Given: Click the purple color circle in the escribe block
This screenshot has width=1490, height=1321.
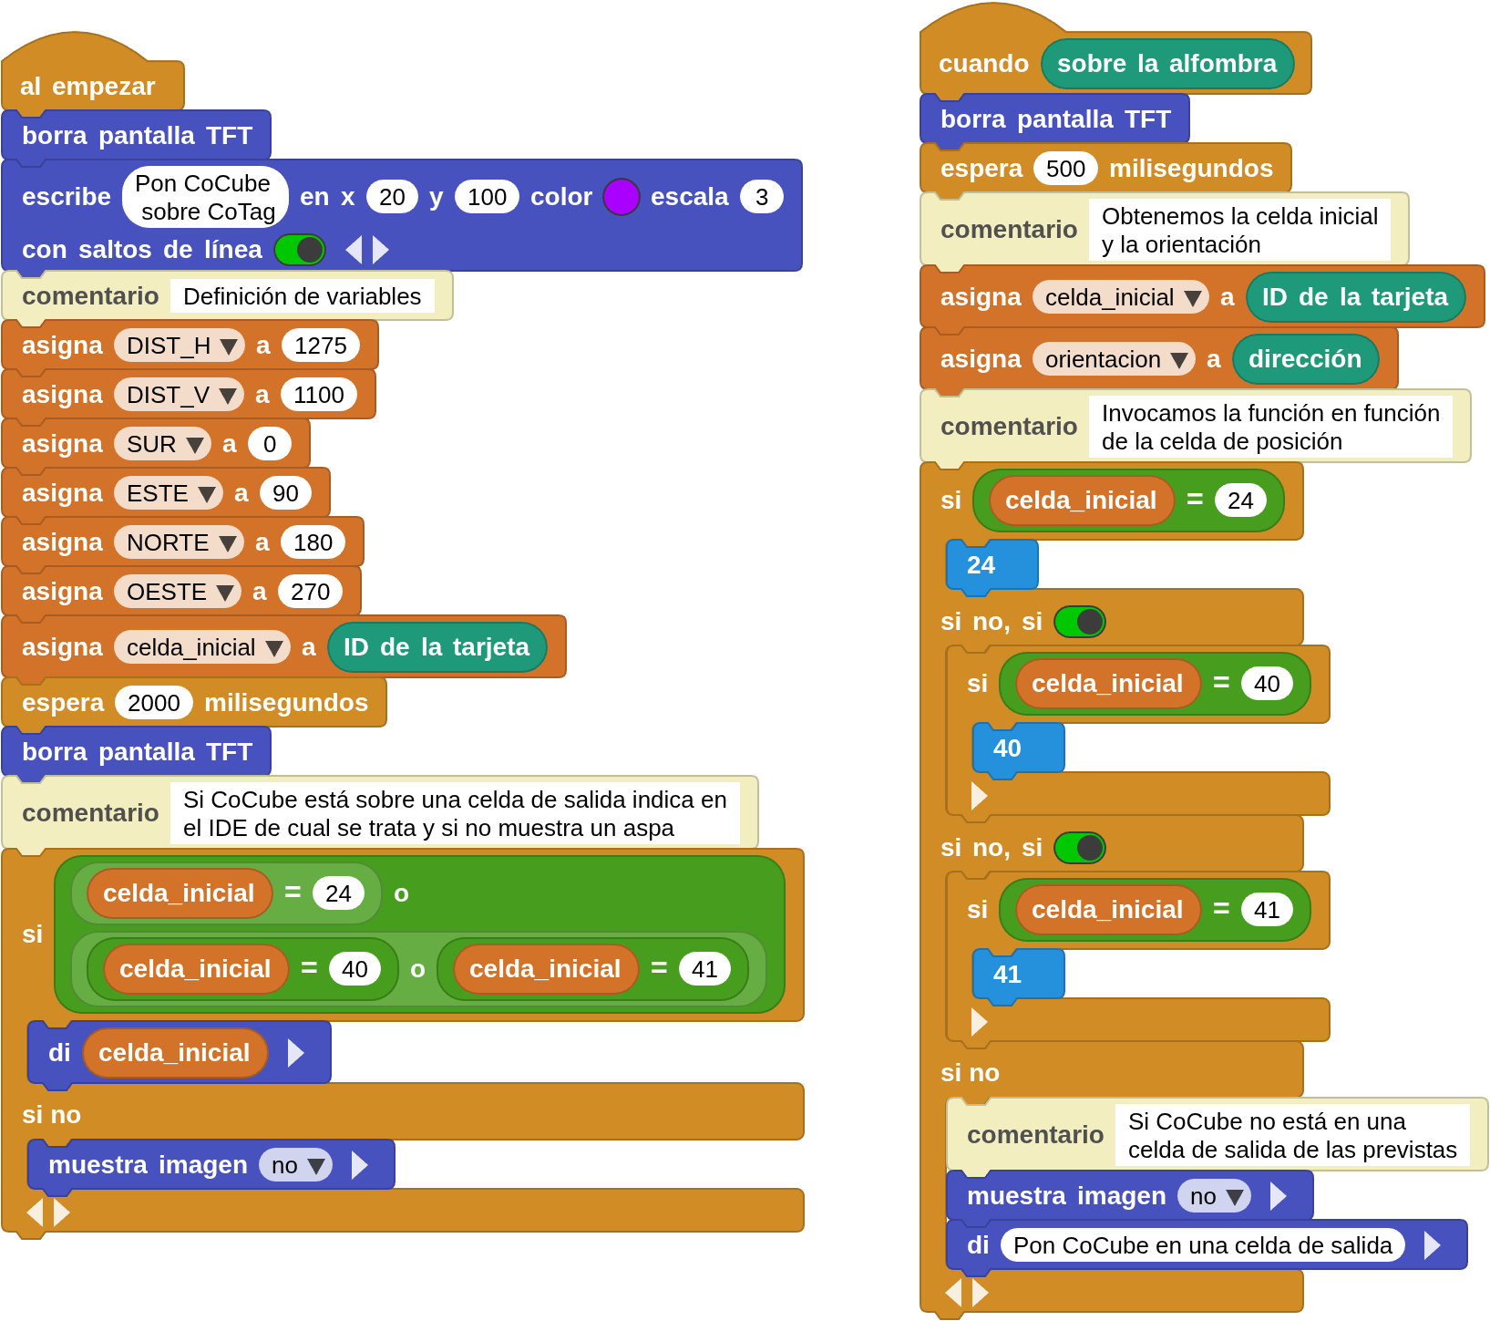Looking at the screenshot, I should [x=621, y=197].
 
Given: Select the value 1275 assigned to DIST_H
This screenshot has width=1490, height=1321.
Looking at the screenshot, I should [x=320, y=346].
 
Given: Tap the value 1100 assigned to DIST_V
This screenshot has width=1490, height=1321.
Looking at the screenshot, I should [x=318, y=395].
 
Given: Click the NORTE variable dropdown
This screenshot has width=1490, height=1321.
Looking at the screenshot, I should [x=179, y=542].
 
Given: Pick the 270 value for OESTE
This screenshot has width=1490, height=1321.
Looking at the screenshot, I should [x=310, y=592].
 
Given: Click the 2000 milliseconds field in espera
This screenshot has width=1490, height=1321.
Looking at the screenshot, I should [x=153, y=703].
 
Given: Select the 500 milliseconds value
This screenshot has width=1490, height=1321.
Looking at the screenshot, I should [x=1064, y=169].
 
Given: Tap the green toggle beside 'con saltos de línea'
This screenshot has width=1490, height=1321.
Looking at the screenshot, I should [x=300, y=250].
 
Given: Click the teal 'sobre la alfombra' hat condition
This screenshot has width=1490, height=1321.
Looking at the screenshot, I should [x=1166, y=64].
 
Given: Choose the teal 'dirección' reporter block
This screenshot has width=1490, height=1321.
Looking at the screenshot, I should [x=1304, y=359].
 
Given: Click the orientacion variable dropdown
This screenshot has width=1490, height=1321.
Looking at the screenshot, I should [x=1113, y=359].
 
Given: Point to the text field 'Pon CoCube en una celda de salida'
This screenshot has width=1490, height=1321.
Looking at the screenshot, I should [x=1202, y=1245].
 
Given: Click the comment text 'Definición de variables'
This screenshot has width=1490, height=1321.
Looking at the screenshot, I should [x=302, y=296].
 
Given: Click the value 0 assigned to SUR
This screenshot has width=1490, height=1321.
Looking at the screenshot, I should [x=269, y=444].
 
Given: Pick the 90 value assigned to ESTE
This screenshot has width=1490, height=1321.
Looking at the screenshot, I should [x=285, y=493].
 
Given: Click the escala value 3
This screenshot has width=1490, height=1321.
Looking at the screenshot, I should [x=761, y=197].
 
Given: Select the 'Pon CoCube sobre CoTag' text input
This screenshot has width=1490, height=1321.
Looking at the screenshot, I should [x=205, y=197].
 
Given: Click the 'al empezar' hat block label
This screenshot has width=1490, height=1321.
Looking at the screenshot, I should [x=87, y=87].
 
